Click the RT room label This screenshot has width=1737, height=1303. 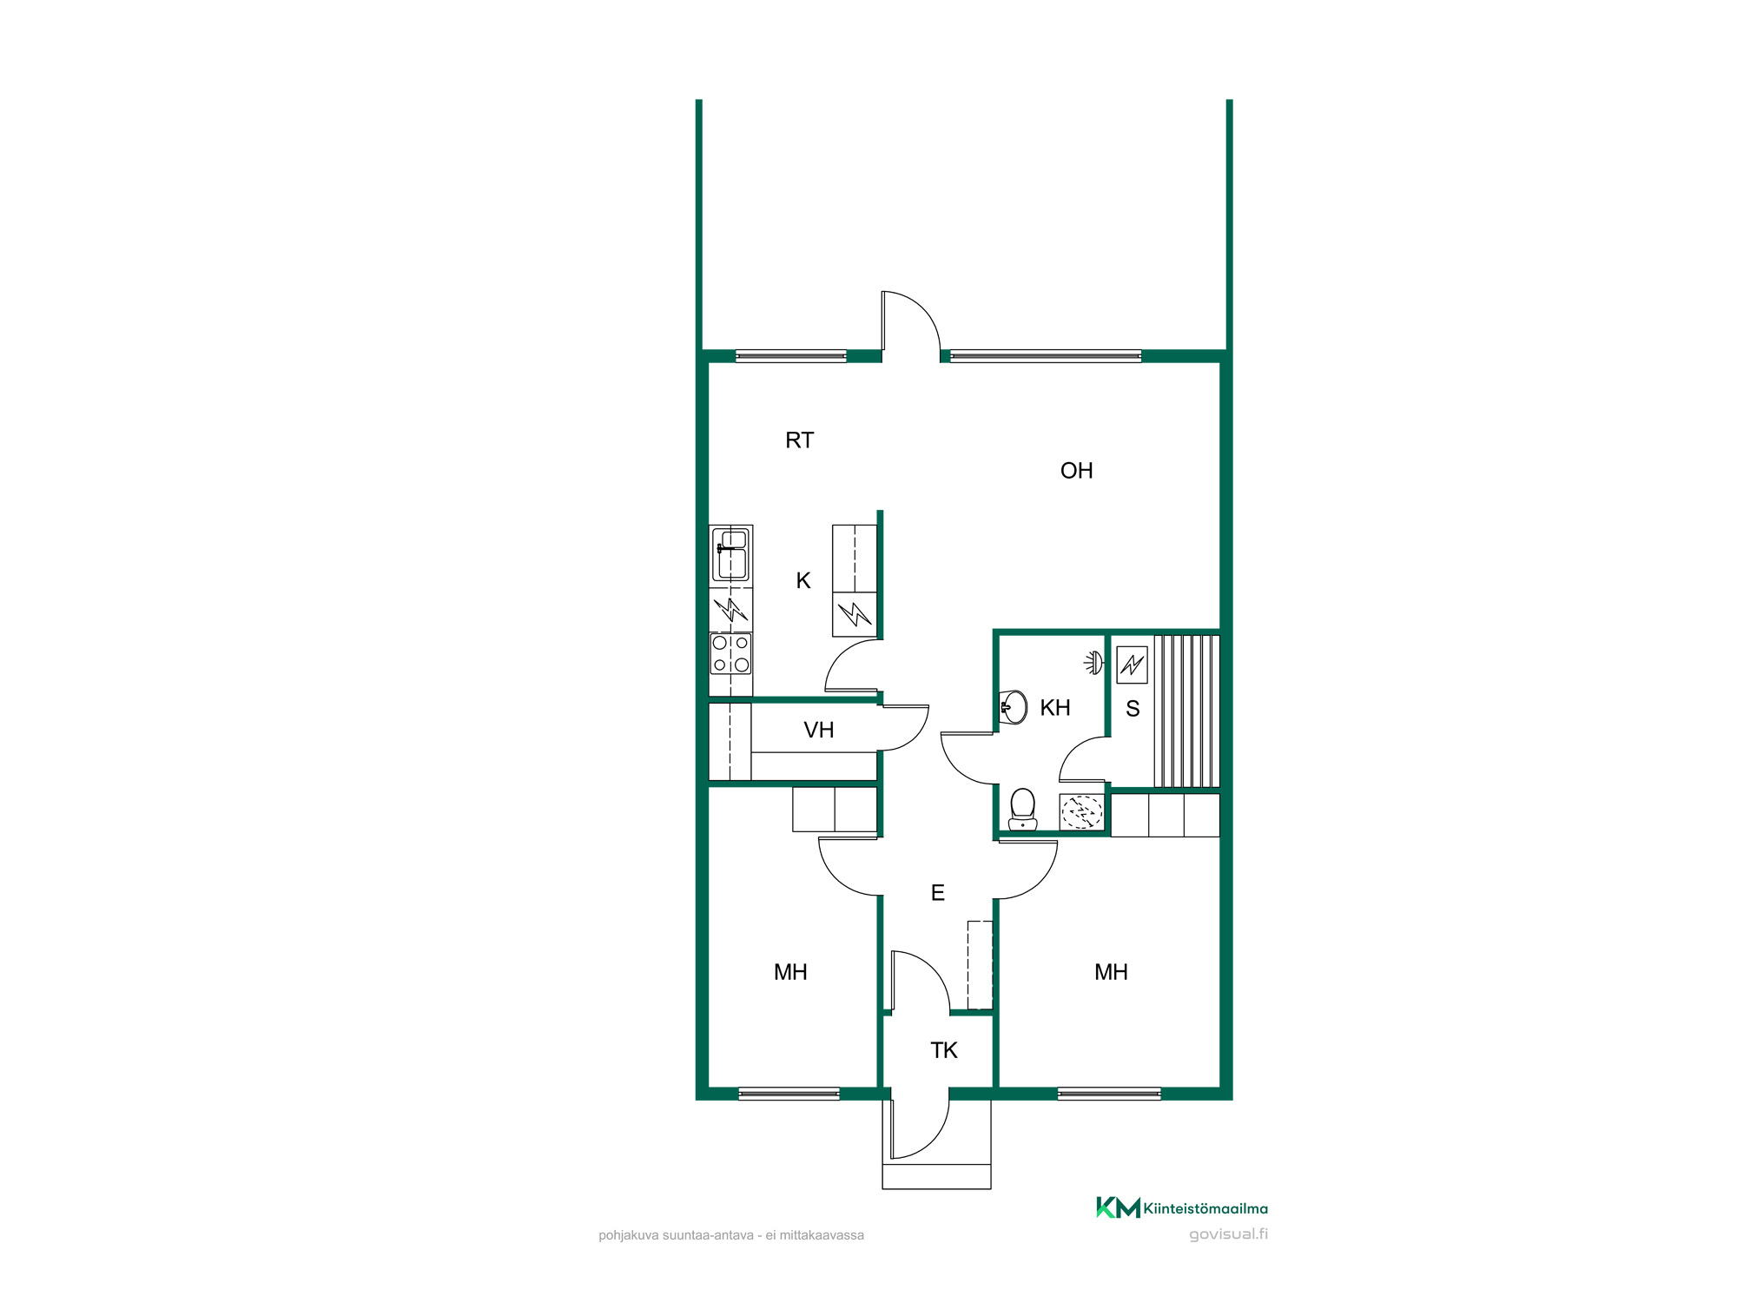tap(799, 440)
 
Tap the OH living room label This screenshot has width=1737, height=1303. tap(1076, 471)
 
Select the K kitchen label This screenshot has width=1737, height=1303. tap(803, 580)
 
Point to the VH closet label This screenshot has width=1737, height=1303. tap(818, 730)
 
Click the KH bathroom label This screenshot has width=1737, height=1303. tap(1055, 708)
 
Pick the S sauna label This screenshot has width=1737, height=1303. tap(1133, 709)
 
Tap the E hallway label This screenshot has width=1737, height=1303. tap(937, 892)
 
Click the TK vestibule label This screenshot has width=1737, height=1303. tap(943, 1050)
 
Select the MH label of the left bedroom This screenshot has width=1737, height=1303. tap(790, 972)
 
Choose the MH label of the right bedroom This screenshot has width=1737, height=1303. tap(1111, 972)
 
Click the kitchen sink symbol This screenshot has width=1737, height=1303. tap(730, 555)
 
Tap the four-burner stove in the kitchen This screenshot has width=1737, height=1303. tap(730, 654)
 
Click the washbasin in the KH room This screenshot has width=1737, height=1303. tap(1014, 707)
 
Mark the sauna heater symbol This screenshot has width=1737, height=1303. tap(1132, 665)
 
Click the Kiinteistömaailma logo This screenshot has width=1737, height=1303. tap(1181, 1207)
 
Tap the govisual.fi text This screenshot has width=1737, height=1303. tap(1228, 1234)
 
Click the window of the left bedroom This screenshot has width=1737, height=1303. tap(789, 1094)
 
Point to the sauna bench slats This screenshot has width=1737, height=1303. tap(1186, 711)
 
